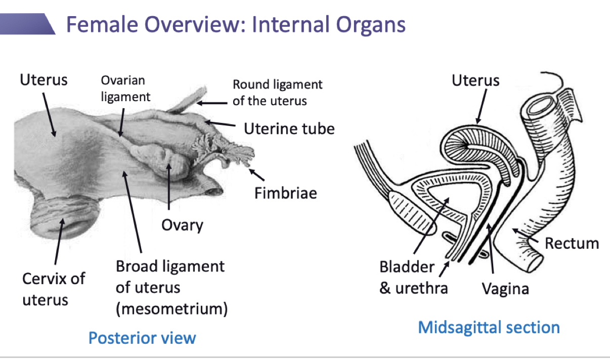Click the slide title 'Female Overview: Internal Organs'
236,24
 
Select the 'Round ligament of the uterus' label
277,93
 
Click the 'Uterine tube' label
289,128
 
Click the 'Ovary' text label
182,224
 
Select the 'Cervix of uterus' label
53,289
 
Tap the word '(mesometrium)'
171,308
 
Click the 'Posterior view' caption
142,337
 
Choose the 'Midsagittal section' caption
489,327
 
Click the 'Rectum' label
572,243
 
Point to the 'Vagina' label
505,289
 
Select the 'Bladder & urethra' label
413,278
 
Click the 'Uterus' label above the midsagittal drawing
475,80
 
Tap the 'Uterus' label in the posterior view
43,79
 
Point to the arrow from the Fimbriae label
257,175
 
